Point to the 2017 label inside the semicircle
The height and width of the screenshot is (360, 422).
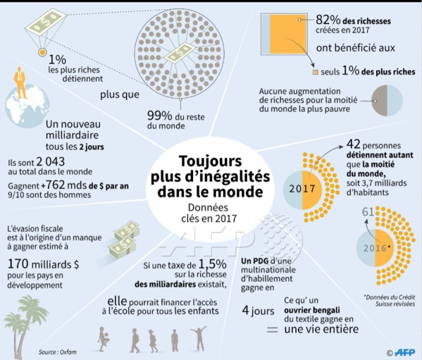click(304, 189)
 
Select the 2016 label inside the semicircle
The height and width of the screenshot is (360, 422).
click(378, 248)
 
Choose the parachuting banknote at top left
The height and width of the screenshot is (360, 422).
click(41, 25)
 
